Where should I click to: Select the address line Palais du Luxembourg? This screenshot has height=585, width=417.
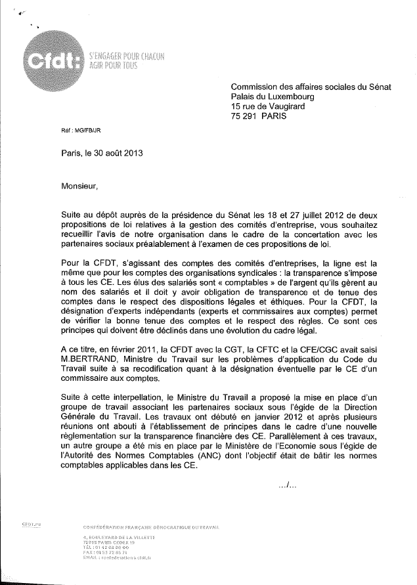[x=277, y=97]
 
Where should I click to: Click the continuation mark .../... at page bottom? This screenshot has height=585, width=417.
[x=288, y=487]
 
